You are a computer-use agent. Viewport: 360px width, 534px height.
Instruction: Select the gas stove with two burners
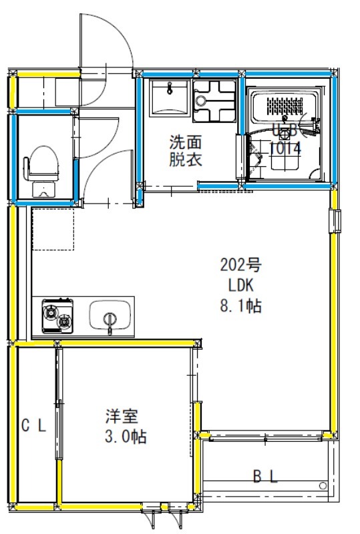[57, 316]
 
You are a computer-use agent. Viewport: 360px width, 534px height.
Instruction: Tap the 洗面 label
[184, 142]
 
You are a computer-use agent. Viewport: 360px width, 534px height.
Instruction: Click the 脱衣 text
[184, 160]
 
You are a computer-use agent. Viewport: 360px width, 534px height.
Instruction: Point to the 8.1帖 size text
[241, 306]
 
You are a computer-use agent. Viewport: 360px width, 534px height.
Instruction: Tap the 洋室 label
[121, 417]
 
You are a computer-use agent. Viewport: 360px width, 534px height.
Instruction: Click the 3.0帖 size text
[125, 438]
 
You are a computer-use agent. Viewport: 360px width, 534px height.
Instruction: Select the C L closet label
[33, 426]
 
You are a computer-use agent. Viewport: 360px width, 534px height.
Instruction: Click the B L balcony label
[265, 476]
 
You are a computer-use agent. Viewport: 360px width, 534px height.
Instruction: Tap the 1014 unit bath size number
[285, 149]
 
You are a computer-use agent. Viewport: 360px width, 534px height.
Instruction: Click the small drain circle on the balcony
[323, 485]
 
